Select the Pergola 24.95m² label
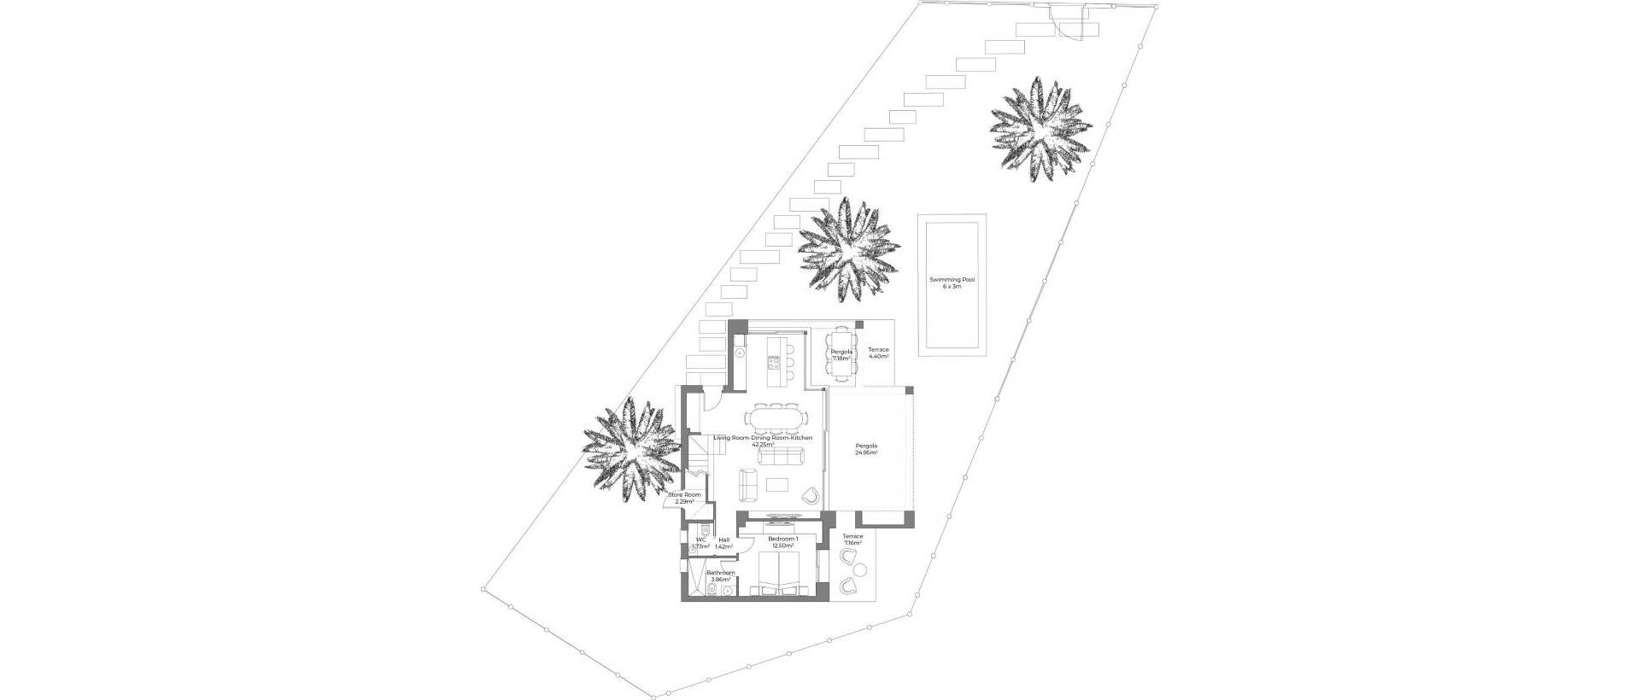click(866, 450)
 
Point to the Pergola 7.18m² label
click(841, 355)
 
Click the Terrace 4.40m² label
click(878, 353)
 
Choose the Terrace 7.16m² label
click(852, 540)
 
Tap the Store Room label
click(684, 498)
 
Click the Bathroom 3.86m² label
click(720, 575)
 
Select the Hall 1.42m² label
click(723, 543)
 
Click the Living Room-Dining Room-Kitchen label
click(762, 440)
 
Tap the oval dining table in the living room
click(775, 419)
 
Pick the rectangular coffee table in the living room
click(777, 485)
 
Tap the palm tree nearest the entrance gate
click(1040, 130)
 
